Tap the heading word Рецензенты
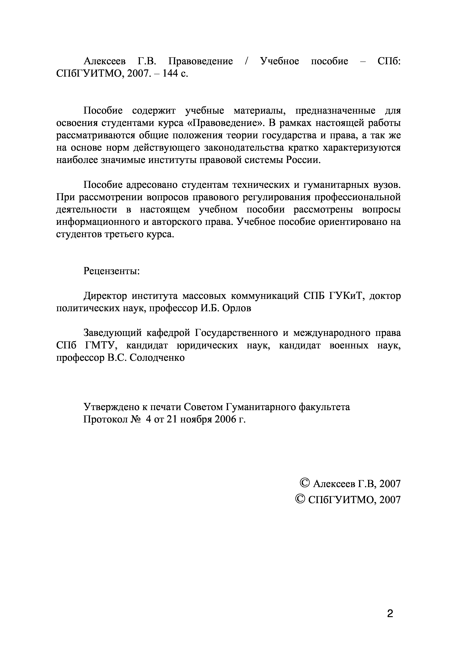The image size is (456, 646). [x=112, y=271]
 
